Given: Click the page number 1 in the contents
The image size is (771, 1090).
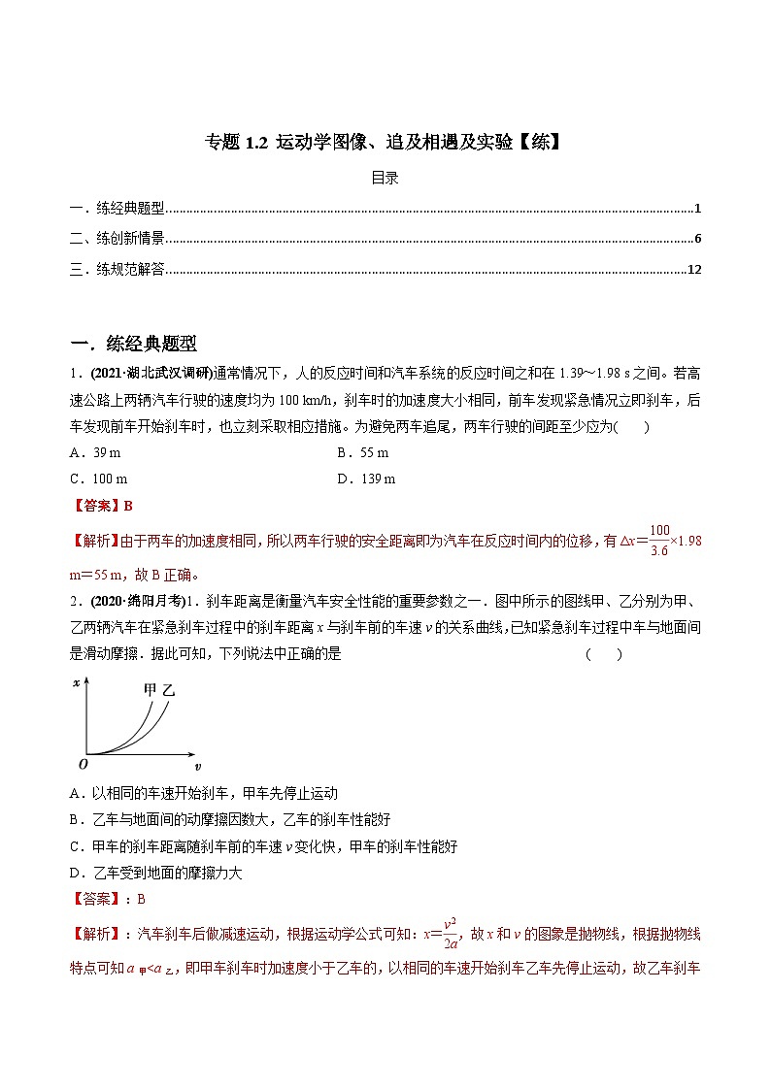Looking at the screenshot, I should (x=698, y=209).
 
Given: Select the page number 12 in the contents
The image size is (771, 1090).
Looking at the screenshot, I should (x=693, y=270).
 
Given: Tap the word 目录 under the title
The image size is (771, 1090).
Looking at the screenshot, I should (x=385, y=178).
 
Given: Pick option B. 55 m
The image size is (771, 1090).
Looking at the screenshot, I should (x=362, y=453).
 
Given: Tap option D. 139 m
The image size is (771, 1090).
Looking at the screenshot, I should (x=366, y=479).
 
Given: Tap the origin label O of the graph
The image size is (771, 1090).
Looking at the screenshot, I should (x=82, y=764).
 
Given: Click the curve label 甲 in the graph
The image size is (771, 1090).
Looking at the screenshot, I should (x=150, y=690).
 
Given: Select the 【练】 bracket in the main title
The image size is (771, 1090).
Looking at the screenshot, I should (x=538, y=144).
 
